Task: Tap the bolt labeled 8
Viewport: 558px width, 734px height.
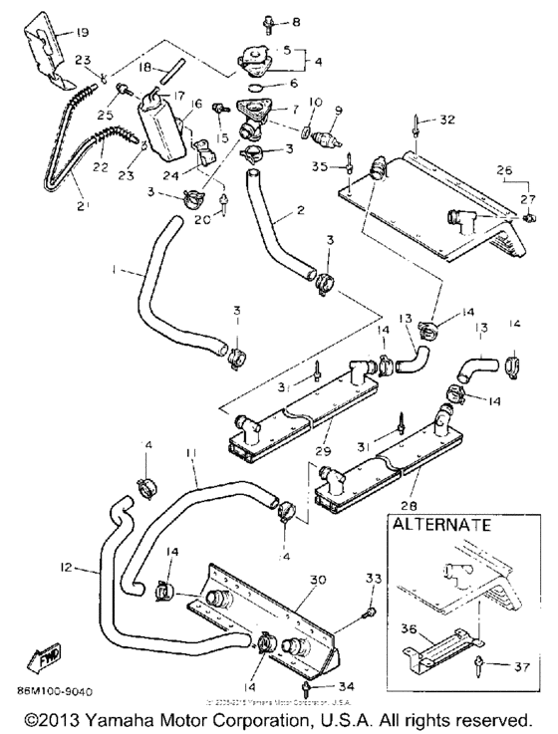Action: tap(242, 20)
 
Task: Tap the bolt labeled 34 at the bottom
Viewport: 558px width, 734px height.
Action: tap(309, 687)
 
